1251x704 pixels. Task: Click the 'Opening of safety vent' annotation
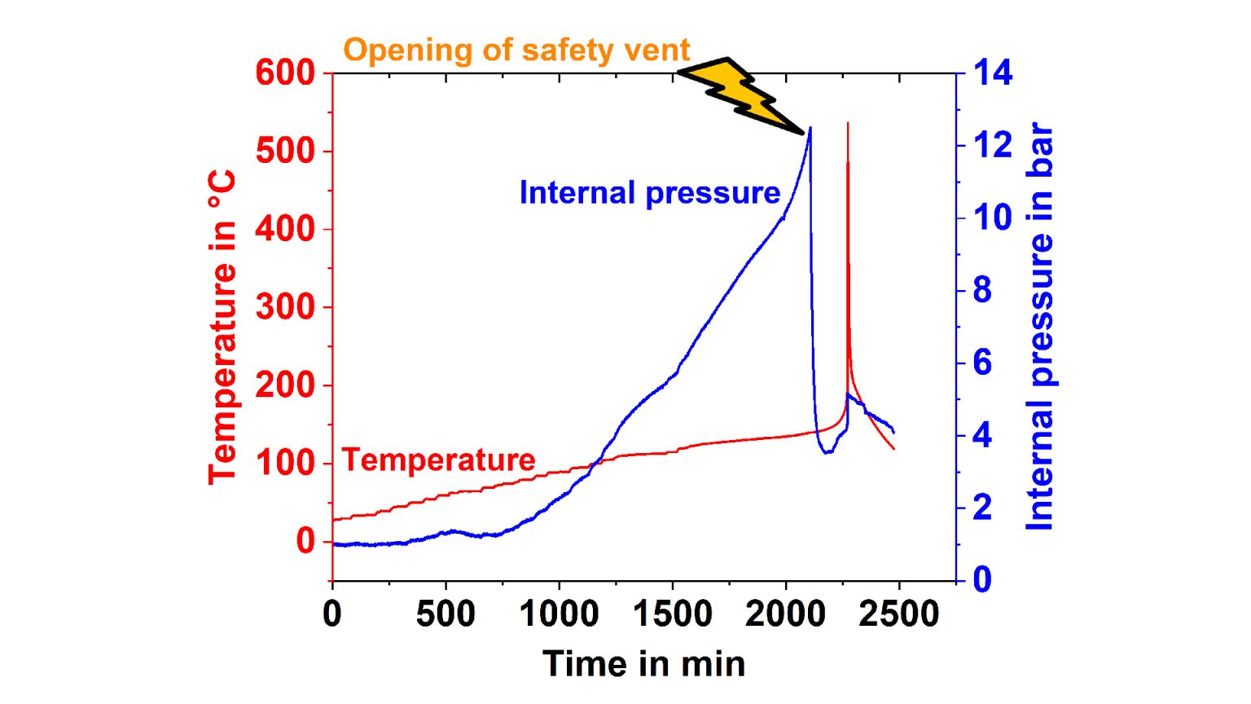(516, 51)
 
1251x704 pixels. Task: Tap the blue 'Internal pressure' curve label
(650, 193)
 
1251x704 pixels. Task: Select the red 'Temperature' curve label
(438, 460)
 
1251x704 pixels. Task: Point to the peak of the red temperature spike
(848, 124)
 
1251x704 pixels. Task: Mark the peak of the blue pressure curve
(810, 128)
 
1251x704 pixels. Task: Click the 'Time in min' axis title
(643, 664)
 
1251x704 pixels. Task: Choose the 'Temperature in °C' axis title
(222, 327)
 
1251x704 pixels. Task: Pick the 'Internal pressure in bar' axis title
(1040, 327)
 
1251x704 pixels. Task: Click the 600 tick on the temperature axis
(285, 73)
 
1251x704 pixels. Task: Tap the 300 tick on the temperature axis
(285, 308)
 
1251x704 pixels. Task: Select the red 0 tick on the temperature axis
(305, 541)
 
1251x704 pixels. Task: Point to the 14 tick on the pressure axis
(993, 73)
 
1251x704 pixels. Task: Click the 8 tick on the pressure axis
(982, 291)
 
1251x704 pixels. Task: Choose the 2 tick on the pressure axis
(982, 508)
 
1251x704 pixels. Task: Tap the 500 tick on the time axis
(446, 614)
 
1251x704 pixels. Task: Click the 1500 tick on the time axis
(672, 614)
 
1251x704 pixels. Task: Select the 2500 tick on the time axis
(898, 614)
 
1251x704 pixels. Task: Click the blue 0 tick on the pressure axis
(982, 579)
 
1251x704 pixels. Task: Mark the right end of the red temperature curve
(894, 449)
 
